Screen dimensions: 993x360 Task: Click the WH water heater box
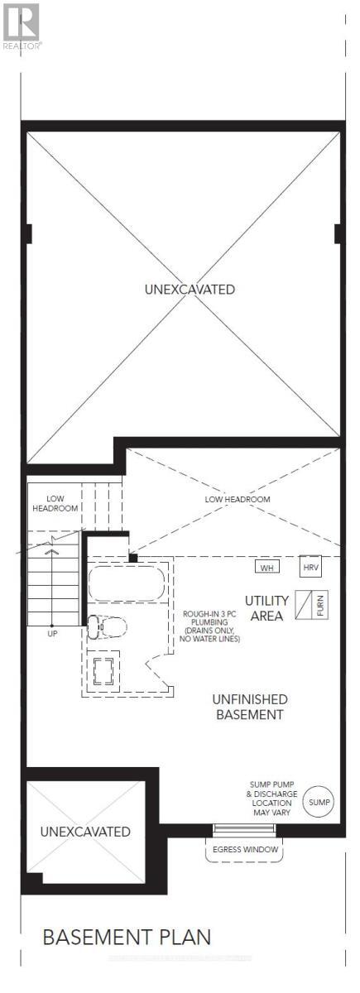coord(266,568)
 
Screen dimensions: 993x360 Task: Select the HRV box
coord(310,568)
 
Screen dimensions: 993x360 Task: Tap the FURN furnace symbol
coord(311,603)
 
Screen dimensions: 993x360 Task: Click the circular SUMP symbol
coord(319,802)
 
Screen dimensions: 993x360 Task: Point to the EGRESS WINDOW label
coord(242,850)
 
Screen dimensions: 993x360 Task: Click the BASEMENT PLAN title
coord(127,937)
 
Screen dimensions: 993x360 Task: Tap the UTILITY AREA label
coord(266,607)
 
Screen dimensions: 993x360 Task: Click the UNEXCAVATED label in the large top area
coord(190,290)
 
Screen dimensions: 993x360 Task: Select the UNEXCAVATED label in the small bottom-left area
coord(85,831)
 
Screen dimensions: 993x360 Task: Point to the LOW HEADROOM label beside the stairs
coord(55,503)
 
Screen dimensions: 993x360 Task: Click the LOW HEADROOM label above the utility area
coord(237,500)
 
